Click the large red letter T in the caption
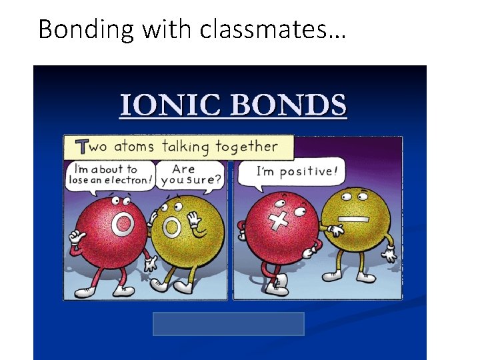click(83, 147)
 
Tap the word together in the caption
click(255, 147)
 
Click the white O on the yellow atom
click(172, 228)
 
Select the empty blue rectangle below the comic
click(229, 324)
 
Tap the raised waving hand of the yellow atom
click(193, 219)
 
